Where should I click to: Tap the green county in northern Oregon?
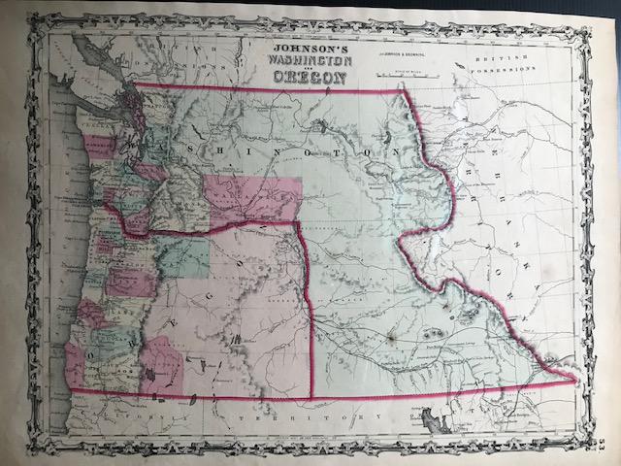[184, 258]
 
